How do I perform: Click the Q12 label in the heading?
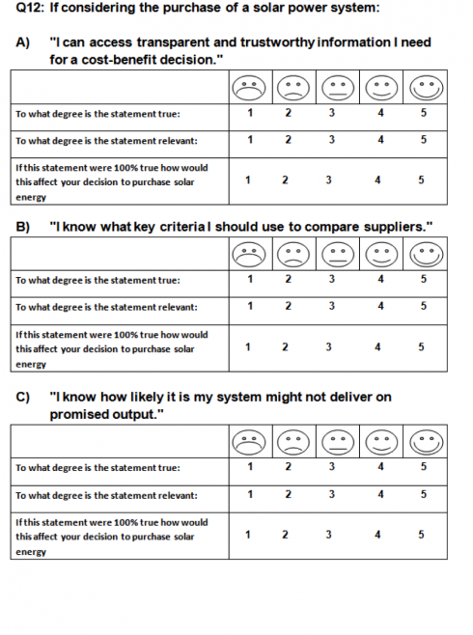30,8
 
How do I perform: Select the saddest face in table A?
249,88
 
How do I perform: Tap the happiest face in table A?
427,88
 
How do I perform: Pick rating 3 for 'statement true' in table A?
332,113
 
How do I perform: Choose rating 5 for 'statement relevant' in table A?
423,140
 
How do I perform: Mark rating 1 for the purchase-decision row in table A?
247,179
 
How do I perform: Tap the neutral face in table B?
338,255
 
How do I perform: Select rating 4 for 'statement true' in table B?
380,279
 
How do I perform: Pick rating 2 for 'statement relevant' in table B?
288,306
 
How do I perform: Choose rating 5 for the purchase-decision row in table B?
421,347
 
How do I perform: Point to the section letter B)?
22,227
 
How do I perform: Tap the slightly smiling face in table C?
382,442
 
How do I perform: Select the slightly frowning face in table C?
293,442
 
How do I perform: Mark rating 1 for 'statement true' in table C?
250,467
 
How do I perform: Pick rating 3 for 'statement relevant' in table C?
332,494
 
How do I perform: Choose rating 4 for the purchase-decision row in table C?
377,535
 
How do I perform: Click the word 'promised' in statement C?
78,415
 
